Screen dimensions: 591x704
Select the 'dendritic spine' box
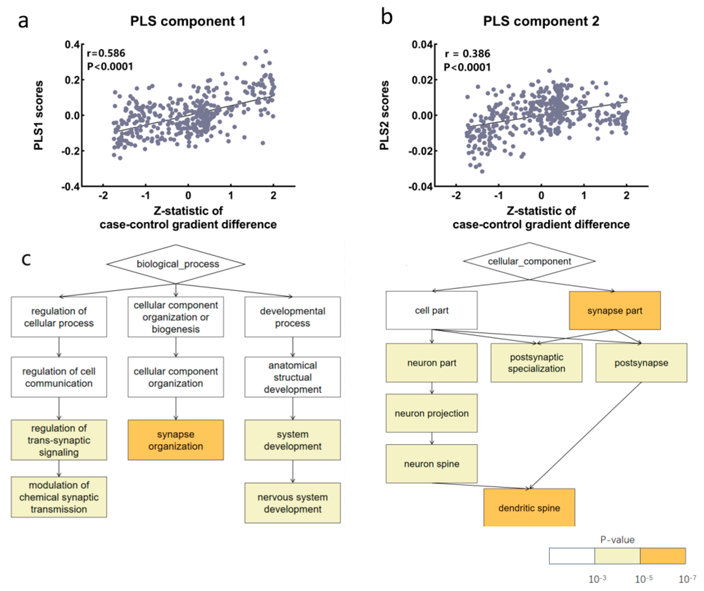point(529,508)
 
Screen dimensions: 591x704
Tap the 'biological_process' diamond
point(176,264)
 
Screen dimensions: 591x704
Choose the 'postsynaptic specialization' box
point(536,363)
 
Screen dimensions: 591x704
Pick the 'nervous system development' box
point(293,503)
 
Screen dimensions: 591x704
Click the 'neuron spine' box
point(431,464)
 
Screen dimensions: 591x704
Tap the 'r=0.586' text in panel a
point(106,53)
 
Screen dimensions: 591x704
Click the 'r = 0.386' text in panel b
point(467,54)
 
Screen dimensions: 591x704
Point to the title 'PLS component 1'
point(188,21)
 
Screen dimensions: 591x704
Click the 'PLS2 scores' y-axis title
point(384,115)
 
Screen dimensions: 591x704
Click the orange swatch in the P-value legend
point(662,556)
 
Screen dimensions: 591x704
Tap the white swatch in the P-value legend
point(572,556)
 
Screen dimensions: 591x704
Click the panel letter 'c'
point(26,259)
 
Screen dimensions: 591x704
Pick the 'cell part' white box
point(431,310)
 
